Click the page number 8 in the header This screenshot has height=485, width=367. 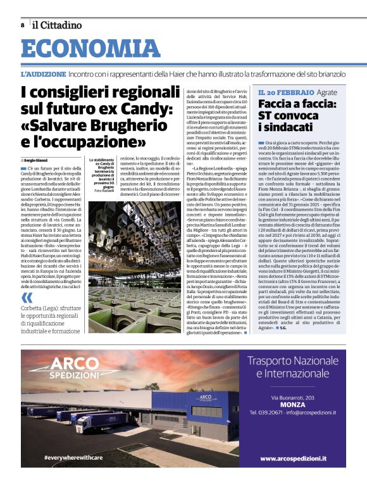23,25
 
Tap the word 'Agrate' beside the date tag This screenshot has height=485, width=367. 327,92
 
